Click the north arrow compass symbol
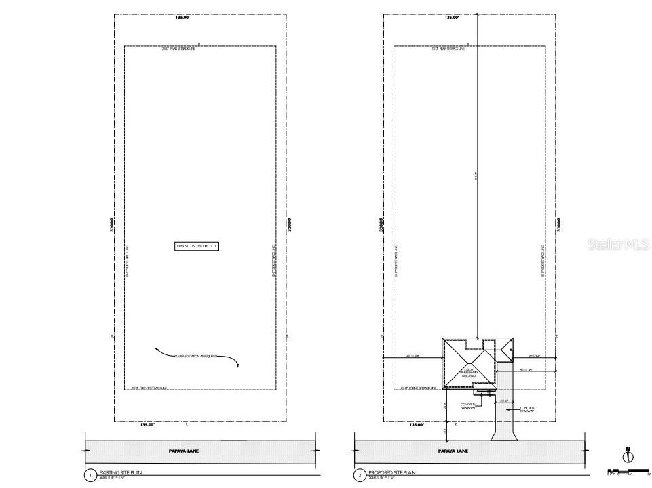(x=627, y=456)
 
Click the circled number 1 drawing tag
(x=90, y=476)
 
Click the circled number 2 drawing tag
(x=360, y=476)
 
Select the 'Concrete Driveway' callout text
(x=527, y=409)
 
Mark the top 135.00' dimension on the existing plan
(x=182, y=18)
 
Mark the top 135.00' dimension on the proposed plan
(x=452, y=18)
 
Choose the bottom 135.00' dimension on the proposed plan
(x=416, y=425)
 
